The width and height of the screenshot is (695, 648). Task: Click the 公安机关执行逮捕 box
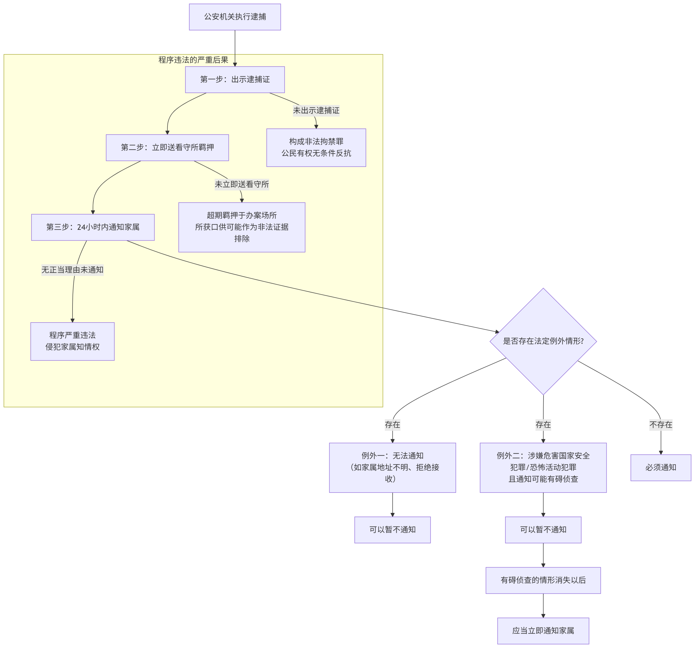pyautogui.click(x=235, y=17)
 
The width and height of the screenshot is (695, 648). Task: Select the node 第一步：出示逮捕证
pyautogui.click(x=235, y=80)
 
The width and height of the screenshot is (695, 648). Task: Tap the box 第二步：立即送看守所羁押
pyautogui.click(x=168, y=147)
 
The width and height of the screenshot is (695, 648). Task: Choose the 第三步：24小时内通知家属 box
pyautogui.click(x=93, y=227)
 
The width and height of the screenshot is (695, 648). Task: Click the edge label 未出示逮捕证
pyautogui.click(x=316, y=111)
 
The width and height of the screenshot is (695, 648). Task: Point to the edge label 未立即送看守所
pyautogui.click(x=242, y=184)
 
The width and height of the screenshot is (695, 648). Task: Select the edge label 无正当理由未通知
pyautogui.click(x=72, y=270)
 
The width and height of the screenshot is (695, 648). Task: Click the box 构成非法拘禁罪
pyautogui.click(x=316, y=147)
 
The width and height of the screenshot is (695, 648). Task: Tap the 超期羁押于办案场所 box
pyautogui.click(x=242, y=227)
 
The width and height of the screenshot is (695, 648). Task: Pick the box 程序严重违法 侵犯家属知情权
pyautogui.click(x=72, y=341)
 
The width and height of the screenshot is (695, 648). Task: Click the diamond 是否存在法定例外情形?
pyautogui.click(x=543, y=341)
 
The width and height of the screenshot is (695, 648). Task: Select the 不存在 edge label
pyautogui.click(x=661, y=425)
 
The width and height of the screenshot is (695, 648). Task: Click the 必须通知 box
pyautogui.click(x=661, y=467)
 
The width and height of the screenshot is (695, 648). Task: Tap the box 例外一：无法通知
pyautogui.click(x=392, y=467)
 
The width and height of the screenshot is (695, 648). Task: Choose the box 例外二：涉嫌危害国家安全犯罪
pyautogui.click(x=543, y=467)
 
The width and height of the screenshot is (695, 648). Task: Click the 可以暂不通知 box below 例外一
pyautogui.click(x=392, y=529)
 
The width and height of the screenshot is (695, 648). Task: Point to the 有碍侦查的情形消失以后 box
pyautogui.click(x=543, y=580)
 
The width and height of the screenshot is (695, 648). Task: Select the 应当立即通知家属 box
pyautogui.click(x=543, y=631)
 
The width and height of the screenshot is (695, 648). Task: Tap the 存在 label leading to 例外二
pyautogui.click(x=543, y=425)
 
